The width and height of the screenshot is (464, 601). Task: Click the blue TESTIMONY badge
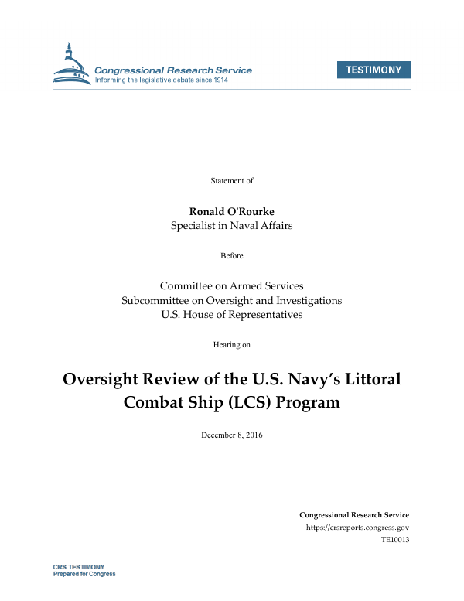374,70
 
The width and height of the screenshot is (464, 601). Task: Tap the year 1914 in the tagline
240,80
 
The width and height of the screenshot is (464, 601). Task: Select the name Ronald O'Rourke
232,212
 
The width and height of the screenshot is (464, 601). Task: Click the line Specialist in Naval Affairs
232,226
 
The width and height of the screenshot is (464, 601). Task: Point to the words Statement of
232,180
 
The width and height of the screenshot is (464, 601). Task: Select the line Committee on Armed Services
232,285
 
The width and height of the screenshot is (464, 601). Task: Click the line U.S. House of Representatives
232,314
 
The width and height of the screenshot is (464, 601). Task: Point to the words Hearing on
232,344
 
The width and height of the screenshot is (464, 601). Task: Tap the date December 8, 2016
232,435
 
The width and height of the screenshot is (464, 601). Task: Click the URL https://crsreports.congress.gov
357,528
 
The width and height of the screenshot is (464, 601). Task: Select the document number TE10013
394,540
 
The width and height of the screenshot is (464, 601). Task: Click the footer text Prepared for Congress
84,574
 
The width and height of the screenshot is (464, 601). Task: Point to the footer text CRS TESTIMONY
78,567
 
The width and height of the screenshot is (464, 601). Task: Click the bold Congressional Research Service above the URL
353,514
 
